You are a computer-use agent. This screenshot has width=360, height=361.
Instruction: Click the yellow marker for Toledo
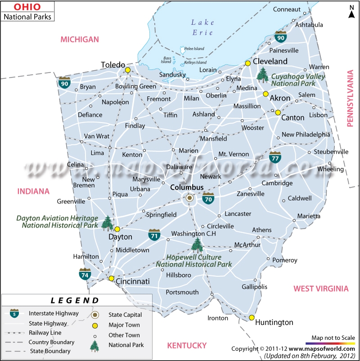click(128, 70)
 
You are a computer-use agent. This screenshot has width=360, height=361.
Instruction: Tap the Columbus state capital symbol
click(190, 198)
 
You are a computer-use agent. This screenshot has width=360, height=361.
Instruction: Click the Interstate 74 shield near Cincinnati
click(84, 274)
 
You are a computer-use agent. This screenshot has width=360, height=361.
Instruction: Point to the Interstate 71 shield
click(154, 235)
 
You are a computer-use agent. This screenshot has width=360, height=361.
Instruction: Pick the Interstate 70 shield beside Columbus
click(208, 198)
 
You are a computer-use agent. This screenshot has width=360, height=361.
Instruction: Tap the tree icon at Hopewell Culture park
click(197, 245)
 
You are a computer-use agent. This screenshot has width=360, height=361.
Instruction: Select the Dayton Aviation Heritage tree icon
click(107, 222)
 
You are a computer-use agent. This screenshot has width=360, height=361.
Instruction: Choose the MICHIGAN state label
click(80, 39)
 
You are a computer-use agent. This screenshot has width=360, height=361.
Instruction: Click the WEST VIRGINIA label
click(321, 289)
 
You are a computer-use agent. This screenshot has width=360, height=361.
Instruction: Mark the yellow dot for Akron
click(265, 94)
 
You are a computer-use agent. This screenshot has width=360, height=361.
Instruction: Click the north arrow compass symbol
click(352, 12)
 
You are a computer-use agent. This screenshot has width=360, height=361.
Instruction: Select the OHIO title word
click(27, 7)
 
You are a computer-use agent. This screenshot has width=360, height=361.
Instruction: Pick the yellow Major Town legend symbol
click(95, 325)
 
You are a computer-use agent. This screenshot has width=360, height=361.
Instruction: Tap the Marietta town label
click(308, 217)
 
